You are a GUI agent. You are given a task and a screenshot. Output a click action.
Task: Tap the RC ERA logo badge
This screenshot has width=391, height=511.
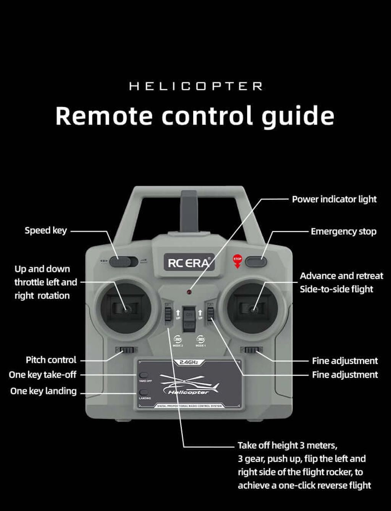point(189,263)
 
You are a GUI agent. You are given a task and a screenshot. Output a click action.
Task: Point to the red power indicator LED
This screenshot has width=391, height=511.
point(189,292)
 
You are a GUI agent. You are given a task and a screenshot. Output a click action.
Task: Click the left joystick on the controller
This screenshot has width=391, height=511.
point(125,309)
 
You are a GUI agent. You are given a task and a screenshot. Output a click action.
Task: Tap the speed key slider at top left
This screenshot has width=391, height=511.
point(123,262)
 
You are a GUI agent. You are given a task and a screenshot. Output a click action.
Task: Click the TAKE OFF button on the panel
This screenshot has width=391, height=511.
point(144,375)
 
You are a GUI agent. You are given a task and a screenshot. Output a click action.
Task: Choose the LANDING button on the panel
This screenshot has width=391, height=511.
point(144,392)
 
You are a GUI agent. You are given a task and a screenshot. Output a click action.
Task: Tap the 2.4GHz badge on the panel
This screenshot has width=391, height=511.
point(189,362)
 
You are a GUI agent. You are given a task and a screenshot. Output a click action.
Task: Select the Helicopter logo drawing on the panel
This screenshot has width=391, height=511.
point(189,385)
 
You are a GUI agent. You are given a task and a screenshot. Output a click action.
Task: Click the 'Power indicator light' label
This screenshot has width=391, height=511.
point(334,199)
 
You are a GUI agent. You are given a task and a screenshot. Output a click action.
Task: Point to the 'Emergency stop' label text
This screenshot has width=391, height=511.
point(343,231)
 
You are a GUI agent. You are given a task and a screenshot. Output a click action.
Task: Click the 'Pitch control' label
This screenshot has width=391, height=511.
point(51,360)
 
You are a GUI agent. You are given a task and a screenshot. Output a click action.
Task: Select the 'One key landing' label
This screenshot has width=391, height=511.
point(43,391)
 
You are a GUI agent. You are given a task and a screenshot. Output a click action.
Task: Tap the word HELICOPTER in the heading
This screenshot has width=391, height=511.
point(195,87)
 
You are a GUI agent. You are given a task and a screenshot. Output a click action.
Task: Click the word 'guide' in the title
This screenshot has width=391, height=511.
point(297,116)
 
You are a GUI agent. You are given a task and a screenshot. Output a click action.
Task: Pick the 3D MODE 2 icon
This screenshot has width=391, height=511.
point(178,339)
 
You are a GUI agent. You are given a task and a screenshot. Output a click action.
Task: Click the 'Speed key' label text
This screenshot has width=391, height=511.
point(45,230)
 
